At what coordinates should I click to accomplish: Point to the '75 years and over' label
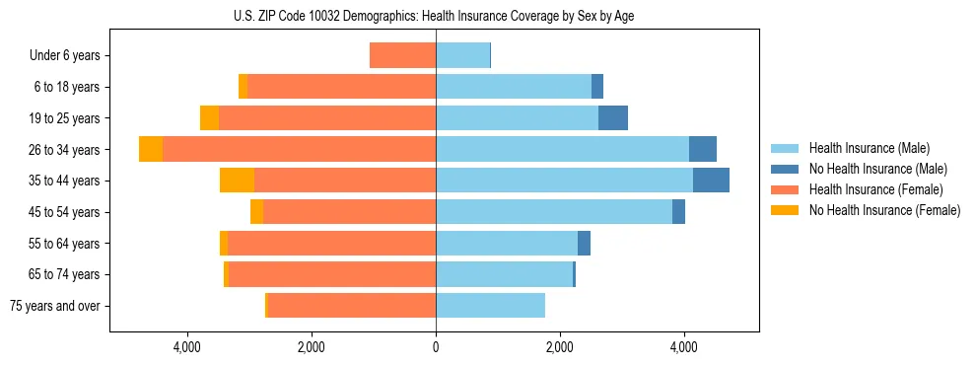tap(54, 306)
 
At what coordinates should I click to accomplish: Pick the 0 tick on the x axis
tap(436, 346)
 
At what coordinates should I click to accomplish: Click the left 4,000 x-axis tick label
tap(187, 346)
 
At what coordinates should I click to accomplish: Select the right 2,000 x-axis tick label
tap(560, 346)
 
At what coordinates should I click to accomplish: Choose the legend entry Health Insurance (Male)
tap(868, 148)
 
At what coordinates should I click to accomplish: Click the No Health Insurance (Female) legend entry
tap(884, 210)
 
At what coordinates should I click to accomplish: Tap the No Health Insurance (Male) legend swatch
tap(784, 169)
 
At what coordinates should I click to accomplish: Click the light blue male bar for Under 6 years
tap(462, 55)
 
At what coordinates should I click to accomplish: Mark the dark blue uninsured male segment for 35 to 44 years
tap(711, 181)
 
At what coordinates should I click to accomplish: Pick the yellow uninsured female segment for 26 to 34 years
tap(151, 149)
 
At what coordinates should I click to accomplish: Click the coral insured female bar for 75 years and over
tap(351, 306)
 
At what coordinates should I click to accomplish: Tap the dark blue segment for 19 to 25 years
tap(613, 117)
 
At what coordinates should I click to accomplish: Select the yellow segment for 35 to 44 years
tap(237, 181)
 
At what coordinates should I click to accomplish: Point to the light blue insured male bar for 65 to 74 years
tap(504, 274)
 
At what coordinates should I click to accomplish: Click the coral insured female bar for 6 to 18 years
tap(341, 87)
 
